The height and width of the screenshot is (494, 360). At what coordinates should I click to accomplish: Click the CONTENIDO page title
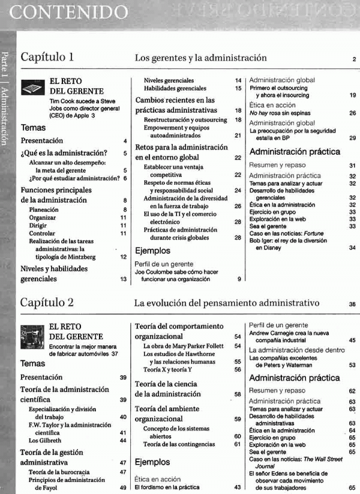pyautogui.click(x=70, y=11)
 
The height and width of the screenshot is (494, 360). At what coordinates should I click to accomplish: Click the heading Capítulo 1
pyautogui.click(x=47, y=58)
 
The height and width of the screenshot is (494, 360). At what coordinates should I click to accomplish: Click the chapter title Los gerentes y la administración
pyautogui.click(x=200, y=58)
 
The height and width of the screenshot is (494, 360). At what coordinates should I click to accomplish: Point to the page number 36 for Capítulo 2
pyautogui.click(x=352, y=304)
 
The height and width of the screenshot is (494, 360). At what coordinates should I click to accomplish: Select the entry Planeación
pyautogui.click(x=44, y=210)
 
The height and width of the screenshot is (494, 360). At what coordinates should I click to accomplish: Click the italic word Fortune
pyautogui.click(x=316, y=233)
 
